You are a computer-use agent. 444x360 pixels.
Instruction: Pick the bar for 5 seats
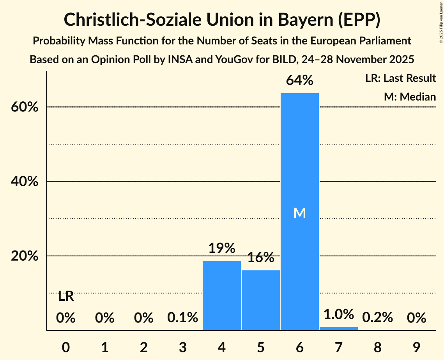point(261,300)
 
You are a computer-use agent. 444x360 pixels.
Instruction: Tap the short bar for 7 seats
point(338,328)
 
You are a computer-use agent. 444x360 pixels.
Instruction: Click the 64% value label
point(299,80)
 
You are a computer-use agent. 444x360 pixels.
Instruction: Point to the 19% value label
point(222,248)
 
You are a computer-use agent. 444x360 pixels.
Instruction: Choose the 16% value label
point(261,257)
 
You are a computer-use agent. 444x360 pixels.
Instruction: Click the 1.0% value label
point(338,314)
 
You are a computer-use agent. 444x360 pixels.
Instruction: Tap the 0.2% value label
point(377,318)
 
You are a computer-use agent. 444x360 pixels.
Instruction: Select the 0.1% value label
point(183,318)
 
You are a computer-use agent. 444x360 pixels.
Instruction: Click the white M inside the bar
point(299,213)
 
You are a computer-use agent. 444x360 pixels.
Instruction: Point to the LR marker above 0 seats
point(66,296)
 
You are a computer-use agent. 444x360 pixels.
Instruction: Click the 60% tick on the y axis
point(24,107)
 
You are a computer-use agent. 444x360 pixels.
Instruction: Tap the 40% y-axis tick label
point(24,182)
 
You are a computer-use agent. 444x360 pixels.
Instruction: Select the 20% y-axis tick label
point(24,256)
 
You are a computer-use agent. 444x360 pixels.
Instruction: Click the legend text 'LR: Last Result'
point(400,78)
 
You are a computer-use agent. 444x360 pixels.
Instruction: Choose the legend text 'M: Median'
point(410,97)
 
